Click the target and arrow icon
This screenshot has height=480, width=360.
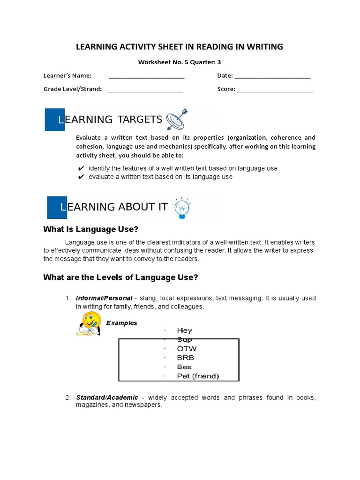coord(176,119)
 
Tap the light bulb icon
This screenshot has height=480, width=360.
coord(181,208)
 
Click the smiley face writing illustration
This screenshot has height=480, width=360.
coord(88,324)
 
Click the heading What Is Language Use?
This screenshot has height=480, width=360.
coord(91,229)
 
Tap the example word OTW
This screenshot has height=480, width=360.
coord(187,349)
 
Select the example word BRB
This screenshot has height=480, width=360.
coord(186,358)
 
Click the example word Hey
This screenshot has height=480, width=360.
coord(184,330)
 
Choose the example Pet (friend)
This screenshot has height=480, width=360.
coord(198,376)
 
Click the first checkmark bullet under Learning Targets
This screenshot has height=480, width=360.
coord(81,168)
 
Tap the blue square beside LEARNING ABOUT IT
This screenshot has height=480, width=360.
coord(57,208)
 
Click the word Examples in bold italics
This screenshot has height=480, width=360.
coord(122,323)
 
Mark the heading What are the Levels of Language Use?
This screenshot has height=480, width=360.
coord(120,277)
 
